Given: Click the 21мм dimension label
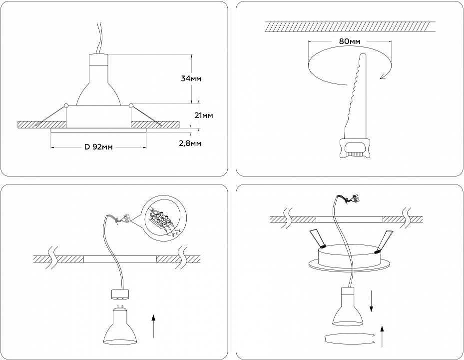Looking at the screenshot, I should pyautogui.click(x=204, y=115).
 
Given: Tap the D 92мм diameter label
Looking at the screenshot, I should pyautogui.click(x=98, y=147).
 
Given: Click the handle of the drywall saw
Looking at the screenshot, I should pyautogui.click(x=355, y=148).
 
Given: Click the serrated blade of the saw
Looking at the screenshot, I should pyautogui.click(x=356, y=95).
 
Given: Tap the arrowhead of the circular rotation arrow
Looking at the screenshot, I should pyautogui.click(x=384, y=75).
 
